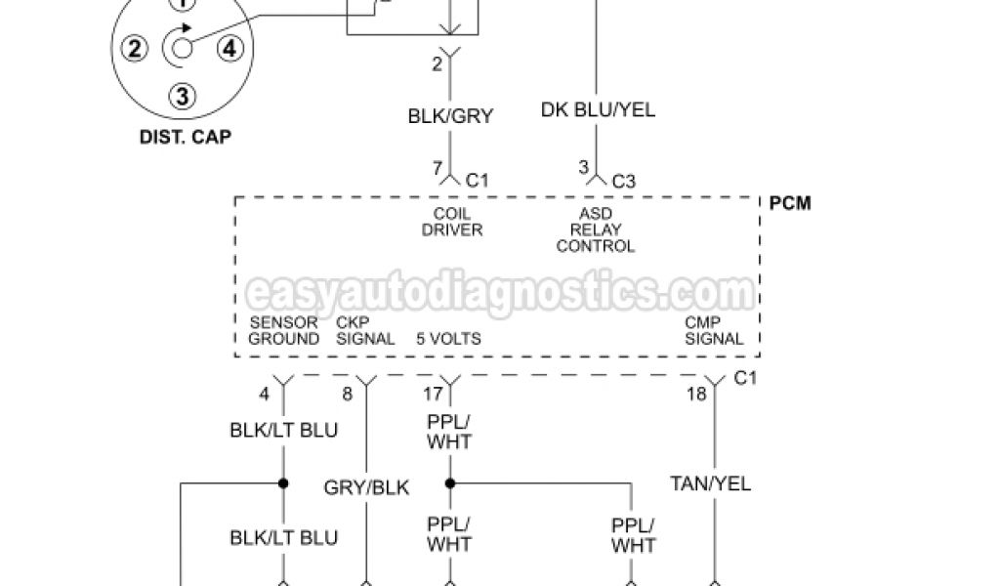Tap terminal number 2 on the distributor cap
(x=136, y=47)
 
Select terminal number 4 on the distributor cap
(x=228, y=47)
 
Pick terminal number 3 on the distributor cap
(x=183, y=95)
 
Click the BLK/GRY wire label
(x=450, y=116)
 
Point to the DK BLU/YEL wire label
(x=598, y=110)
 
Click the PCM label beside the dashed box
(x=790, y=203)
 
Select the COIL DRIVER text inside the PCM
(x=451, y=222)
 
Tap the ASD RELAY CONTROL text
(x=596, y=230)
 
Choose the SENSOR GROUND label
(x=283, y=331)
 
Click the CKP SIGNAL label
(x=365, y=331)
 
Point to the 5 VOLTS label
(x=448, y=339)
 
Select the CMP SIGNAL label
(x=714, y=331)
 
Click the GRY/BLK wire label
(x=367, y=488)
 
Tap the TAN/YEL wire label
(x=711, y=483)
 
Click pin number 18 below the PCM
(x=695, y=395)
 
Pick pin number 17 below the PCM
(x=433, y=395)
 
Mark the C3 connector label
(x=623, y=181)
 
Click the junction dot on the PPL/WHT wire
(x=450, y=482)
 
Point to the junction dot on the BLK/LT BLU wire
(x=283, y=482)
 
